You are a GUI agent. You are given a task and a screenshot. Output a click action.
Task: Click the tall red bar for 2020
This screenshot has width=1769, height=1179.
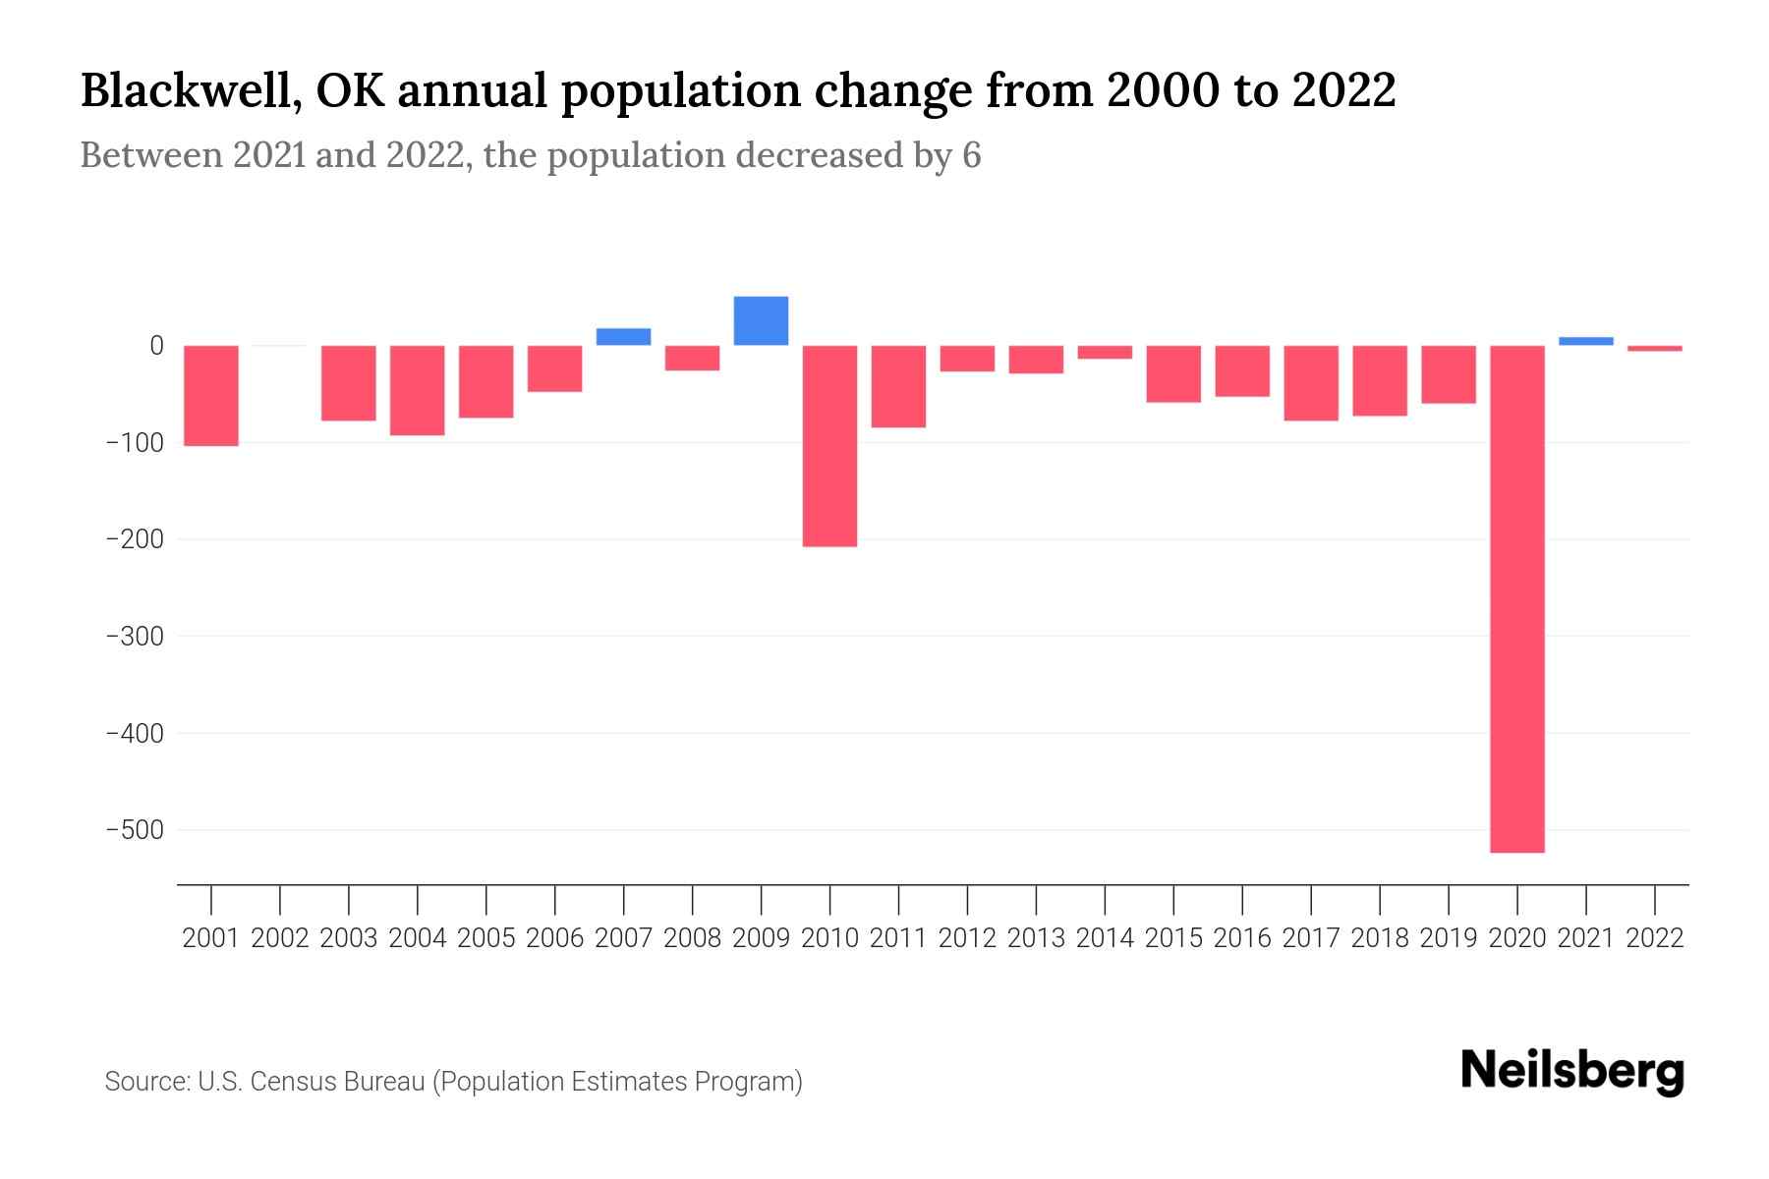(1516, 598)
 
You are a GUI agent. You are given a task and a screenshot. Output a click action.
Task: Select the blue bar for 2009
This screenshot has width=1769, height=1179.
(761, 320)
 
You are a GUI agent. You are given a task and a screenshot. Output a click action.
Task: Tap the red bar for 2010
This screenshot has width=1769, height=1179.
(829, 445)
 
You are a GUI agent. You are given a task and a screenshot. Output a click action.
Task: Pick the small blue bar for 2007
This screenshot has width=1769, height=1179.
(623, 336)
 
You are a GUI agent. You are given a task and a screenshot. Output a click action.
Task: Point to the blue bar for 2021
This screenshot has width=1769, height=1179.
(1585, 341)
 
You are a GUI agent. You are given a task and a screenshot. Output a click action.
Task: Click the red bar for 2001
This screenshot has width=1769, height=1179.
(211, 395)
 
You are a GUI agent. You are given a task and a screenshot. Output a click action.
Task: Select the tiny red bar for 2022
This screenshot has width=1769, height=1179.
(1654, 348)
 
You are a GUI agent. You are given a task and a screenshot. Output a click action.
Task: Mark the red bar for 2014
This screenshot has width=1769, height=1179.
(1105, 352)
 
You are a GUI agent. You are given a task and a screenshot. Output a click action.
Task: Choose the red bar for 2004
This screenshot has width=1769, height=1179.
(418, 390)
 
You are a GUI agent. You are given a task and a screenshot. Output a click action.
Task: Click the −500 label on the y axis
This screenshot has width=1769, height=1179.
(135, 830)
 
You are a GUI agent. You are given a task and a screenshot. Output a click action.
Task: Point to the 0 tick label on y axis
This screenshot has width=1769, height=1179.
(156, 346)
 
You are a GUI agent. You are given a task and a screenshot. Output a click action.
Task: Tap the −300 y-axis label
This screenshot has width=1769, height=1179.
(135, 637)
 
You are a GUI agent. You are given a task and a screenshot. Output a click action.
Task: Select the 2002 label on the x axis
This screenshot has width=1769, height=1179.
(280, 938)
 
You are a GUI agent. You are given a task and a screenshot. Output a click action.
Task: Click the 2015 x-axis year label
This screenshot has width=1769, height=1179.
(1173, 938)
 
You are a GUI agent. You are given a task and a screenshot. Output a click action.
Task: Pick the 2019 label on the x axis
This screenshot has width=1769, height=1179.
(1449, 938)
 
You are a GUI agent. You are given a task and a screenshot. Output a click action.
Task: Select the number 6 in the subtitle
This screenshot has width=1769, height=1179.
(971, 156)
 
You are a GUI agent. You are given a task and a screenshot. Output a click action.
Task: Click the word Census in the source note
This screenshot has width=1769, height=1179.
(291, 1082)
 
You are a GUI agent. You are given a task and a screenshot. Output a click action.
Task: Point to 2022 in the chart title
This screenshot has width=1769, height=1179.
(1343, 90)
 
